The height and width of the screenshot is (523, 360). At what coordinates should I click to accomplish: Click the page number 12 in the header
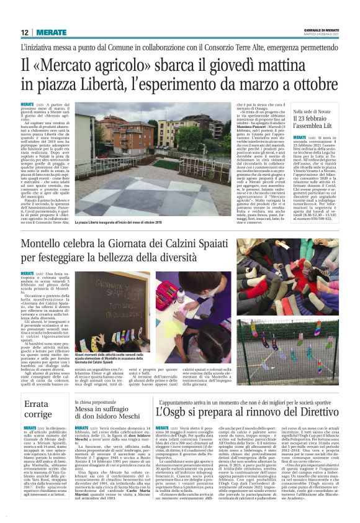pyautogui.click(x=24, y=33)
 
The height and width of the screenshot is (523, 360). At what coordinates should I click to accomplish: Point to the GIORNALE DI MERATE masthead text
pyautogui.click(x=322, y=30)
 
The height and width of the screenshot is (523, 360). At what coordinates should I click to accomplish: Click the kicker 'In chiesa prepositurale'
pyautogui.click(x=99, y=404)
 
